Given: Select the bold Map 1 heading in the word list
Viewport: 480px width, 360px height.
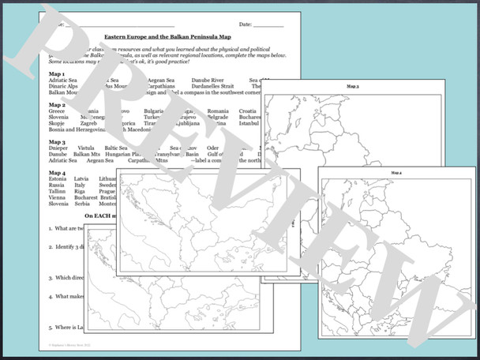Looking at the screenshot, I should (x=57, y=73).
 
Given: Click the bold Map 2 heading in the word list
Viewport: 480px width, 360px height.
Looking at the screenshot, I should (x=57, y=104).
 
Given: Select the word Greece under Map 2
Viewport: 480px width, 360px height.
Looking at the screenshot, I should (x=58, y=111).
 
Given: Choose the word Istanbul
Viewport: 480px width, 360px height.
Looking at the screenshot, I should (x=249, y=124).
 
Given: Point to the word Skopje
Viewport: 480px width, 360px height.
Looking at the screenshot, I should (x=58, y=124).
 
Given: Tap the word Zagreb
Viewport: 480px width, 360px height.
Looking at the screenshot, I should (x=88, y=124).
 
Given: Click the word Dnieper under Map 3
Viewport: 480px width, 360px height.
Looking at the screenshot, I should (x=59, y=148).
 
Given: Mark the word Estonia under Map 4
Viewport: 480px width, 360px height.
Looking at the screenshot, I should (x=58, y=179).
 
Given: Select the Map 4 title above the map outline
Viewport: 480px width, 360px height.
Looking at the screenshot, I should (x=396, y=172).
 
